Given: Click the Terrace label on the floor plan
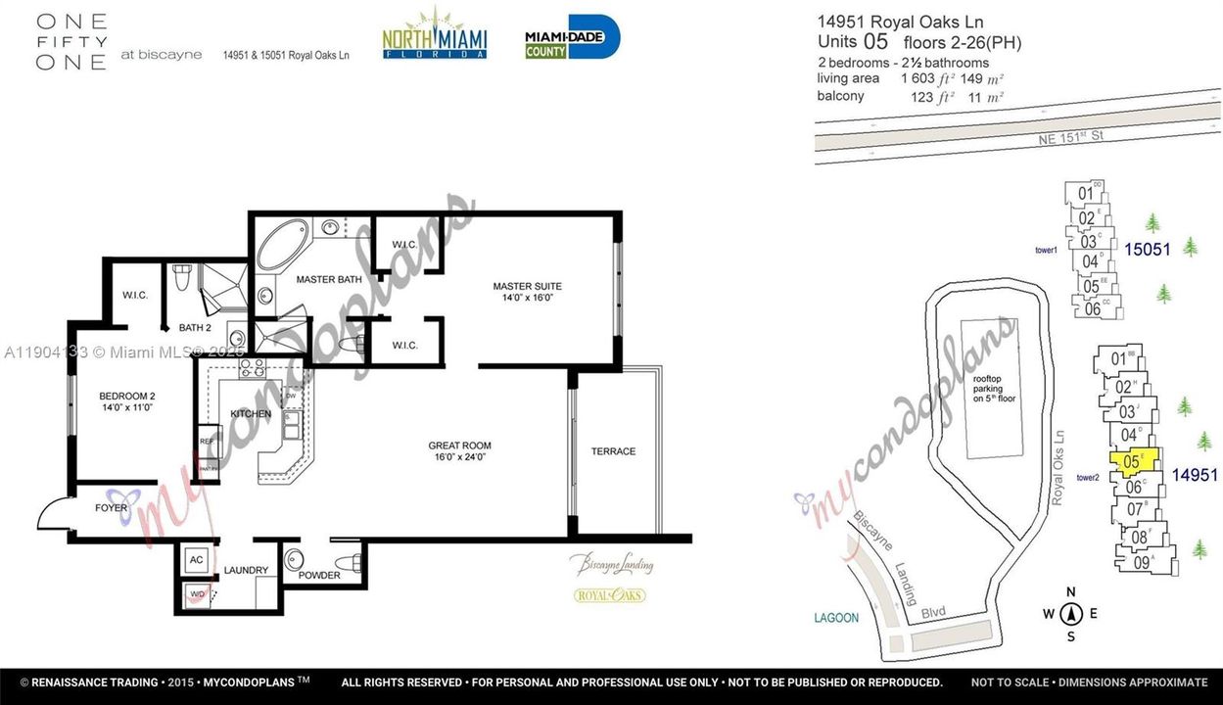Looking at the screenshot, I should point(613,451).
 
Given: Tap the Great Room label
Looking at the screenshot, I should point(460,450).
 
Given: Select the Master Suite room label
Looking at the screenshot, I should point(527,292).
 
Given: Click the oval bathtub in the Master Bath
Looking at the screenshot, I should point(281,245).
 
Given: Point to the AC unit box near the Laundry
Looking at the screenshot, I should point(196,561).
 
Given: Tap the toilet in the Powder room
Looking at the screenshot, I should point(349,562).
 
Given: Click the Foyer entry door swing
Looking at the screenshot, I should point(53,514).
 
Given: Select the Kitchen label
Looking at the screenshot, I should point(251,414).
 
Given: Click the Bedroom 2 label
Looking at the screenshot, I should point(127,401).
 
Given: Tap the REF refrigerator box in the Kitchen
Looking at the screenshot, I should point(208,441).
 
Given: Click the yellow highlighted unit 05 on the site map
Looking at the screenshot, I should point(1134,460).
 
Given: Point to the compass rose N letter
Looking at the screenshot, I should point(1071,591).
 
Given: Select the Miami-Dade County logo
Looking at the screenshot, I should point(572,37).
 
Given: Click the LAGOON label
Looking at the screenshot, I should point(835,618).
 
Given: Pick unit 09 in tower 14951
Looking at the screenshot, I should point(1143,562).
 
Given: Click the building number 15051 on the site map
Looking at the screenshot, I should point(1147,250).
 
